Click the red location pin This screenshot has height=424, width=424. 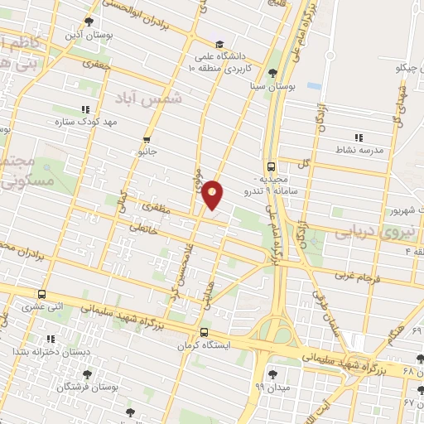213,194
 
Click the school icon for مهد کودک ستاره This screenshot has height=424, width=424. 84,108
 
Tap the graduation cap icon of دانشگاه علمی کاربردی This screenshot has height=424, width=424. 219,45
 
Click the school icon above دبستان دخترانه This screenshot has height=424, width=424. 51,338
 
